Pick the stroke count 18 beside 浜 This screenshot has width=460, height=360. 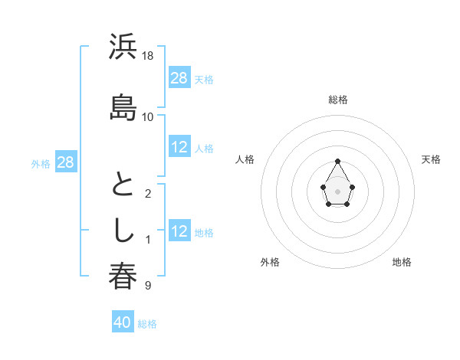(148, 56)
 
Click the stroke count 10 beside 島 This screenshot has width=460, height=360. (148, 116)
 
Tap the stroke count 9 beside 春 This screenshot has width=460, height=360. (148, 286)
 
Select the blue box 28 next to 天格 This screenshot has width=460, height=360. (179, 78)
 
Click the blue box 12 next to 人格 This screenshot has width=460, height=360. (179, 147)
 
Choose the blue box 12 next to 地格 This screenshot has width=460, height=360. (179, 231)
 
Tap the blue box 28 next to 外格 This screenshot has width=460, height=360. (65, 162)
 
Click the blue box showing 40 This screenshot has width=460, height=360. (123, 322)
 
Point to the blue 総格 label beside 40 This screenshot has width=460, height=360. (147, 324)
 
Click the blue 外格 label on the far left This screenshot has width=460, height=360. (41, 163)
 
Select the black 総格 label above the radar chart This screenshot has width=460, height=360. (338, 100)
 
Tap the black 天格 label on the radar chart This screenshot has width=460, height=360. (431, 159)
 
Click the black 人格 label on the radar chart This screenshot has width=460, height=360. (245, 159)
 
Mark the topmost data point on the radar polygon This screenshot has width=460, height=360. (338, 161)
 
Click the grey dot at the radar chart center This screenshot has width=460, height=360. (338, 190)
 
